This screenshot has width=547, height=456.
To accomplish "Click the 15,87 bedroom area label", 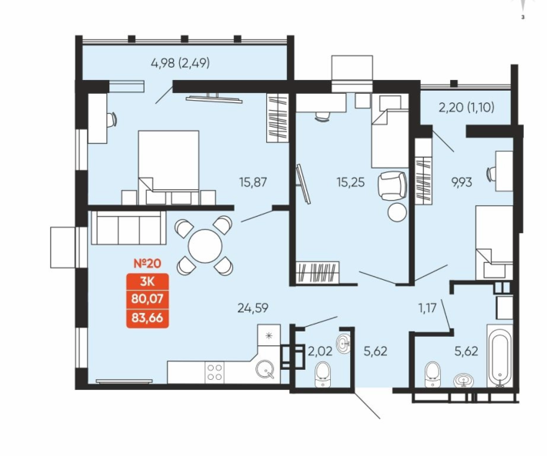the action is pyautogui.click(x=253, y=182).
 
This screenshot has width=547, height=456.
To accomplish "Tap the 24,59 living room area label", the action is pyautogui.click(x=253, y=308).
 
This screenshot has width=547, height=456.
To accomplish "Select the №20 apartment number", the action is pyautogui.click(x=148, y=264).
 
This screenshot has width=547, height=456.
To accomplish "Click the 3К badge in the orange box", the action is pyautogui.click(x=147, y=281).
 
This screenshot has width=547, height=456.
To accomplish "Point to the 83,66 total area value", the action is pyautogui.click(x=147, y=318).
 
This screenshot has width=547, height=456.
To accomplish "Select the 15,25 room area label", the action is pyautogui.click(x=351, y=182).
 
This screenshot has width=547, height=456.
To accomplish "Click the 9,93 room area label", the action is pyautogui.click(x=462, y=182).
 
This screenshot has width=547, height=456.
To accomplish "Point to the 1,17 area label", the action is pyautogui.click(x=427, y=308).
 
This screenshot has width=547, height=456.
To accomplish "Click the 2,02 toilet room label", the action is pyautogui.click(x=320, y=351).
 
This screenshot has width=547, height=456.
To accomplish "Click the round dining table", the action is pyautogui.click(x=205, y=246).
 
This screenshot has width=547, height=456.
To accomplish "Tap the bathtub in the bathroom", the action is pyautogui.click(x=500, y=356).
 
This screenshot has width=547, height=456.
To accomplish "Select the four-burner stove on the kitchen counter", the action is pyautogui.click(x=215, y=372).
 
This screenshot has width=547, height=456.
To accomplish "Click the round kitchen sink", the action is pyautogui.click(x=265, y=370).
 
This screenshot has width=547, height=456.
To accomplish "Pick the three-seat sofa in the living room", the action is pyautogui.click(x=128, y=228).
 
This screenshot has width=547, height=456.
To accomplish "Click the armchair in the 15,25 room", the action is pyautogui.click(x=392, y=186).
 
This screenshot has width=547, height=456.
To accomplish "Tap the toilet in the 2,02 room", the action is pyautogui.click(x=322, y=374).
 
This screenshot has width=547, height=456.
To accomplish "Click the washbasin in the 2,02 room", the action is pyautogui.click(x=344, y=344).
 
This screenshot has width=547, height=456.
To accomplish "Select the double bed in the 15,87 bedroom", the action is pyautogui.click(x=168, y=168).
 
